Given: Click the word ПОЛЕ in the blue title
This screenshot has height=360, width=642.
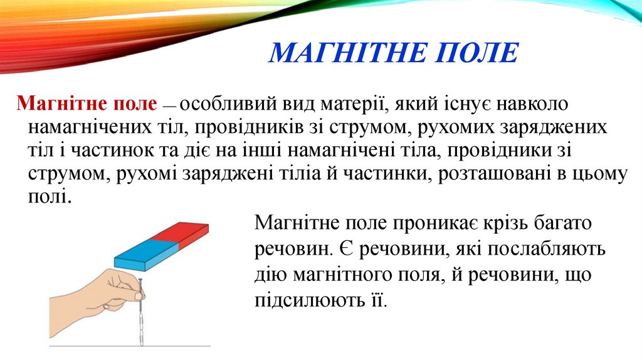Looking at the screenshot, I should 475,53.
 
